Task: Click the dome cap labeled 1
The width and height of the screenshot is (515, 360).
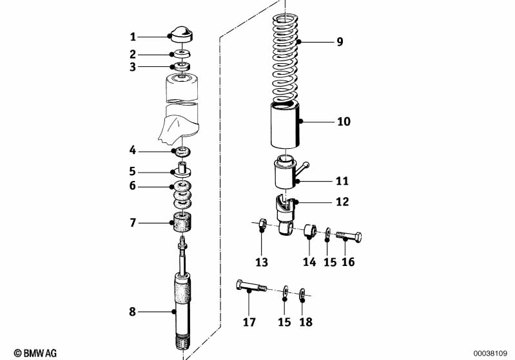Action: [x=180, y=34]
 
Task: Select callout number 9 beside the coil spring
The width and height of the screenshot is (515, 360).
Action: [x=340, y=42]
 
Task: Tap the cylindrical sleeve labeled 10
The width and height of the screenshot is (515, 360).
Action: [x=286, y=125]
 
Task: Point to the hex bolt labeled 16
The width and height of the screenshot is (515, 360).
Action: [x=349, y=236]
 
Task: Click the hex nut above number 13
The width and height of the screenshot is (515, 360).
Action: [x=261, y=224]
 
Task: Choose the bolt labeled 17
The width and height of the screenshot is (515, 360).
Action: [x=251, y=285]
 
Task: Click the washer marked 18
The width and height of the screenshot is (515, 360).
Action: [x=302, y=293]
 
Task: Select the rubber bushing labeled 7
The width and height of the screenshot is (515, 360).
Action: [x=182, y=222]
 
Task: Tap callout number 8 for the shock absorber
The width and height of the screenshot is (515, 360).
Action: [x=132, y=312]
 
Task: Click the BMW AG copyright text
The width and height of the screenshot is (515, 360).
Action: [x=35, y=353]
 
